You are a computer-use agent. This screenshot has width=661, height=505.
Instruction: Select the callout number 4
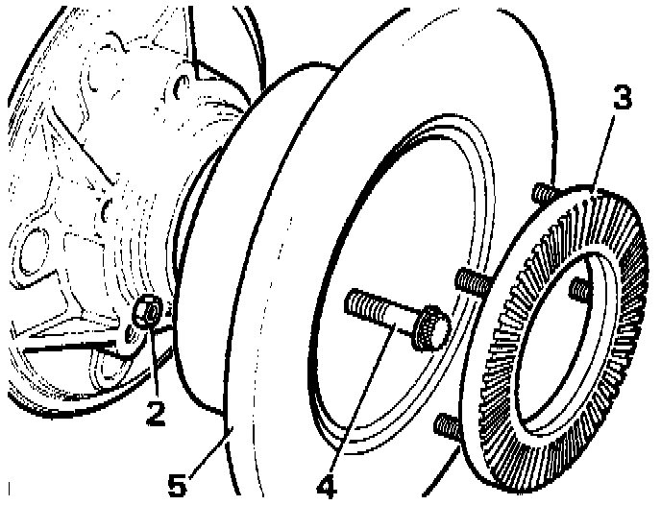[328, 486]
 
